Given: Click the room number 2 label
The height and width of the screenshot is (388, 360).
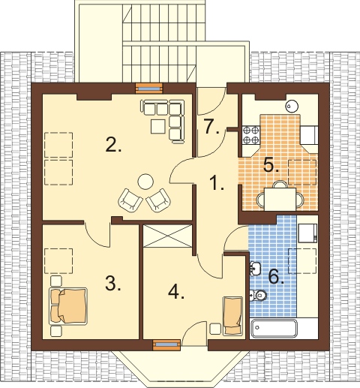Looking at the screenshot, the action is click(x=113, y=145).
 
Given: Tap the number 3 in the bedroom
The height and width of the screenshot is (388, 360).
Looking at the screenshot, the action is click(x=113, y=284).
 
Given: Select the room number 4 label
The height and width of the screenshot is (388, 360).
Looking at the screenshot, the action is click(x=176, y=292).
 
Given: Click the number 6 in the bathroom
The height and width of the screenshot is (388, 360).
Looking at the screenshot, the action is click(x=276, y=276).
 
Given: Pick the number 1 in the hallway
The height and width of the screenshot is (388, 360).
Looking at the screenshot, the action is click(x=217, y=182).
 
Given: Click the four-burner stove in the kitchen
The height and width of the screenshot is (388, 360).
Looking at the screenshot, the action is click(x=251, y=135).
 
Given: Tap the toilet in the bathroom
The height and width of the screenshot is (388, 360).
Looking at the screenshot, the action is click(x=258, y=296).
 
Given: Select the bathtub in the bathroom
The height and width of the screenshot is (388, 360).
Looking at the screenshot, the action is click(x=274, y=328).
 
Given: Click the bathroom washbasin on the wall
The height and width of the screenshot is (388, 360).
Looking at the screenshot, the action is click(x=255, y=269).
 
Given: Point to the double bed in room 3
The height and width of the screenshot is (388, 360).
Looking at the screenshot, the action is click(x=68, y=306).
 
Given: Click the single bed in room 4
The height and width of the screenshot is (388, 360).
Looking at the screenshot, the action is click(x=232, y=316).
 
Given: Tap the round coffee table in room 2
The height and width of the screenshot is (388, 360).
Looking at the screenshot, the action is click(x=145, y=182).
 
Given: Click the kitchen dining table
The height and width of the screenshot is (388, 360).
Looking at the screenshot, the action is click(x=280, y=199).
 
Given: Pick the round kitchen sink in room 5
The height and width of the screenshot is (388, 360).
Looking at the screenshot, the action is click(x=292, y=106).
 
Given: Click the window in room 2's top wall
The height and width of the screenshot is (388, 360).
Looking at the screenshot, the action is click(x=148, y=88).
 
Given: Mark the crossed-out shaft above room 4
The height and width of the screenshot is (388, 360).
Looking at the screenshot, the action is click(x=167, y=236).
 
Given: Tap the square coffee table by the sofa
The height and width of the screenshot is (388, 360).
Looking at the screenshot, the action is click(x=158, y=126).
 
